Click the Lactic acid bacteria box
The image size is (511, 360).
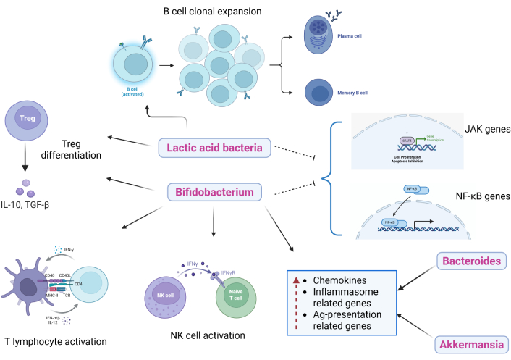216,148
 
